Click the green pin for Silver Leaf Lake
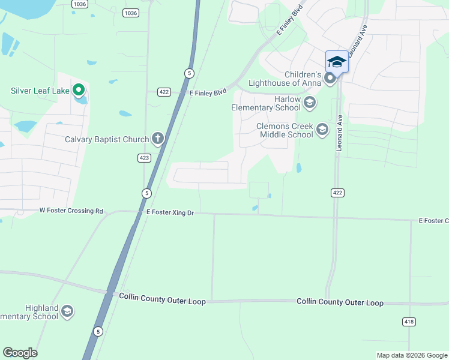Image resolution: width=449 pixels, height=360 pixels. (x=78, y=90)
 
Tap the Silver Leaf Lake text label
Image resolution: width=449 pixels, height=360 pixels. (x=40, y=91)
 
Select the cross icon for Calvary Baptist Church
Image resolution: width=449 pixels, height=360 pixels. (x=157, y=139)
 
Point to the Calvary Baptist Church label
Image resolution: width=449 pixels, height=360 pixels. (x=107, y=140)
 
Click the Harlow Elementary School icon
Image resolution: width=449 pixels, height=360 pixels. (x=310, y=103)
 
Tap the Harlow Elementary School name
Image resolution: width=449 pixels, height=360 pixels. (x=266, y=103)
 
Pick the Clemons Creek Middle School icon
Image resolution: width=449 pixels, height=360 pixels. (x=322, y=130)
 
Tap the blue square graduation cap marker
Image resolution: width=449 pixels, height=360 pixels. (x=337, y=61)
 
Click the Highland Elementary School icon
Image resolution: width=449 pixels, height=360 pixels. (x=67, y=311)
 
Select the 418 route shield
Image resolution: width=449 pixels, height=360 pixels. (x=409, y=322)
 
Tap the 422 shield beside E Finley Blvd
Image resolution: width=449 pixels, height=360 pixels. (x=164, y=92)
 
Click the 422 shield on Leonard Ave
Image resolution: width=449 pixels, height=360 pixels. (x=336, y=192)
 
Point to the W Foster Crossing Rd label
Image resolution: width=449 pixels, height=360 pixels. (x=71, y=211)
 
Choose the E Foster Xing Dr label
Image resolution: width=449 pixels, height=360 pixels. (x=170, y=212)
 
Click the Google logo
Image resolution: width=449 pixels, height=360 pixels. (x=20, y=353)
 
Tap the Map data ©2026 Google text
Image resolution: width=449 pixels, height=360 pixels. (x=411, y=355)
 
